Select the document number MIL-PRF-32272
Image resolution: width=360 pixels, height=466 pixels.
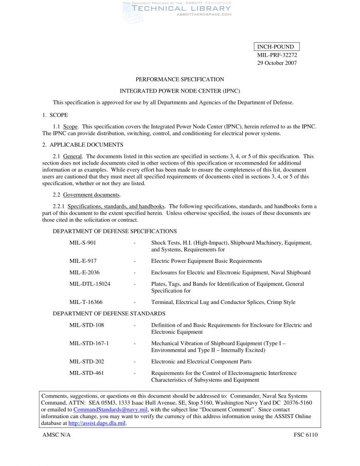pyautogui.click(x=277, y=55)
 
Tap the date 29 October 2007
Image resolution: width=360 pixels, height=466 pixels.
pyautogui.click(x=277, y=63)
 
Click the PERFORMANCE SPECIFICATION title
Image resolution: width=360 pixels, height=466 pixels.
pyautogui.click(x=179, y=79)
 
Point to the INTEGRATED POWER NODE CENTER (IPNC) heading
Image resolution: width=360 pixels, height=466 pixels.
pyautogui.click(x=179, y=91)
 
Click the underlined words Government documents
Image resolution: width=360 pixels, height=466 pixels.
pyautogui.click(x=92, y=195)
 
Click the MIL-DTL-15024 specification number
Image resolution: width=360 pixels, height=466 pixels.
pyautogui.click(x=89, y=284)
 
